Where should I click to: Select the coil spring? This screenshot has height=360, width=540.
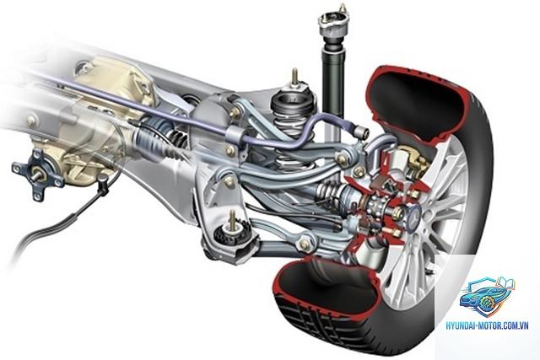pos(292,131)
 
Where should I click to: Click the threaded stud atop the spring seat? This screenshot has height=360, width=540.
pos(294,77)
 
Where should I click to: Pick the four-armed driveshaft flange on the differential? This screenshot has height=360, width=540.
pos(37,175)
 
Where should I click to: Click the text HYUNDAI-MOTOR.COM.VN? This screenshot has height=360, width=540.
pos(487,325)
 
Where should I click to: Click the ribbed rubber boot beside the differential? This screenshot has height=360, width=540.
pos(155,141)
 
